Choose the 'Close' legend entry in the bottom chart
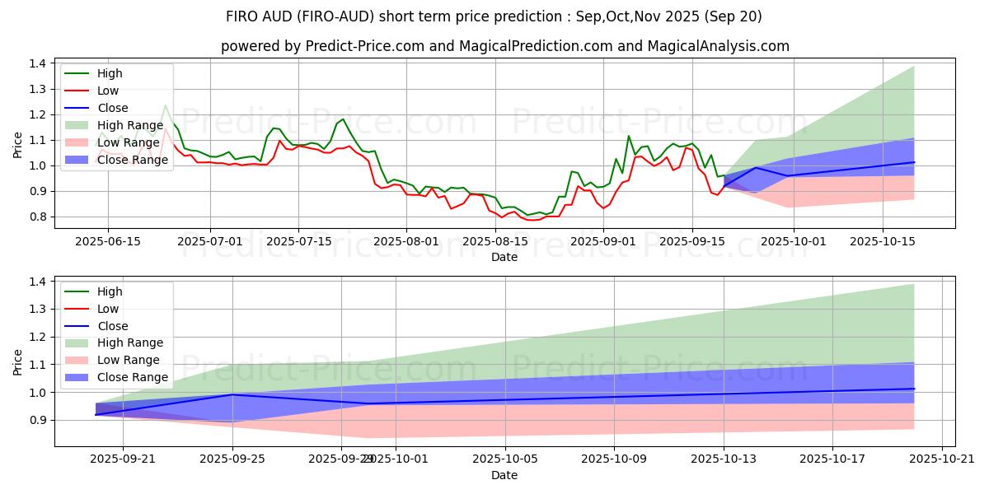coord(112,326)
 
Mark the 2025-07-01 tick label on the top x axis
coord(210,241)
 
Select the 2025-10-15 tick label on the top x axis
coord(883,241)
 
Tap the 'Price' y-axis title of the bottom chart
coord(18,362)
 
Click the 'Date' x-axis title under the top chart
coord(504,257)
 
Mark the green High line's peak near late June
coord(166,105)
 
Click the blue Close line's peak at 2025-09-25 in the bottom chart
coord(233,394)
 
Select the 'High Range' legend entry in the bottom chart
coord(130,343)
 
